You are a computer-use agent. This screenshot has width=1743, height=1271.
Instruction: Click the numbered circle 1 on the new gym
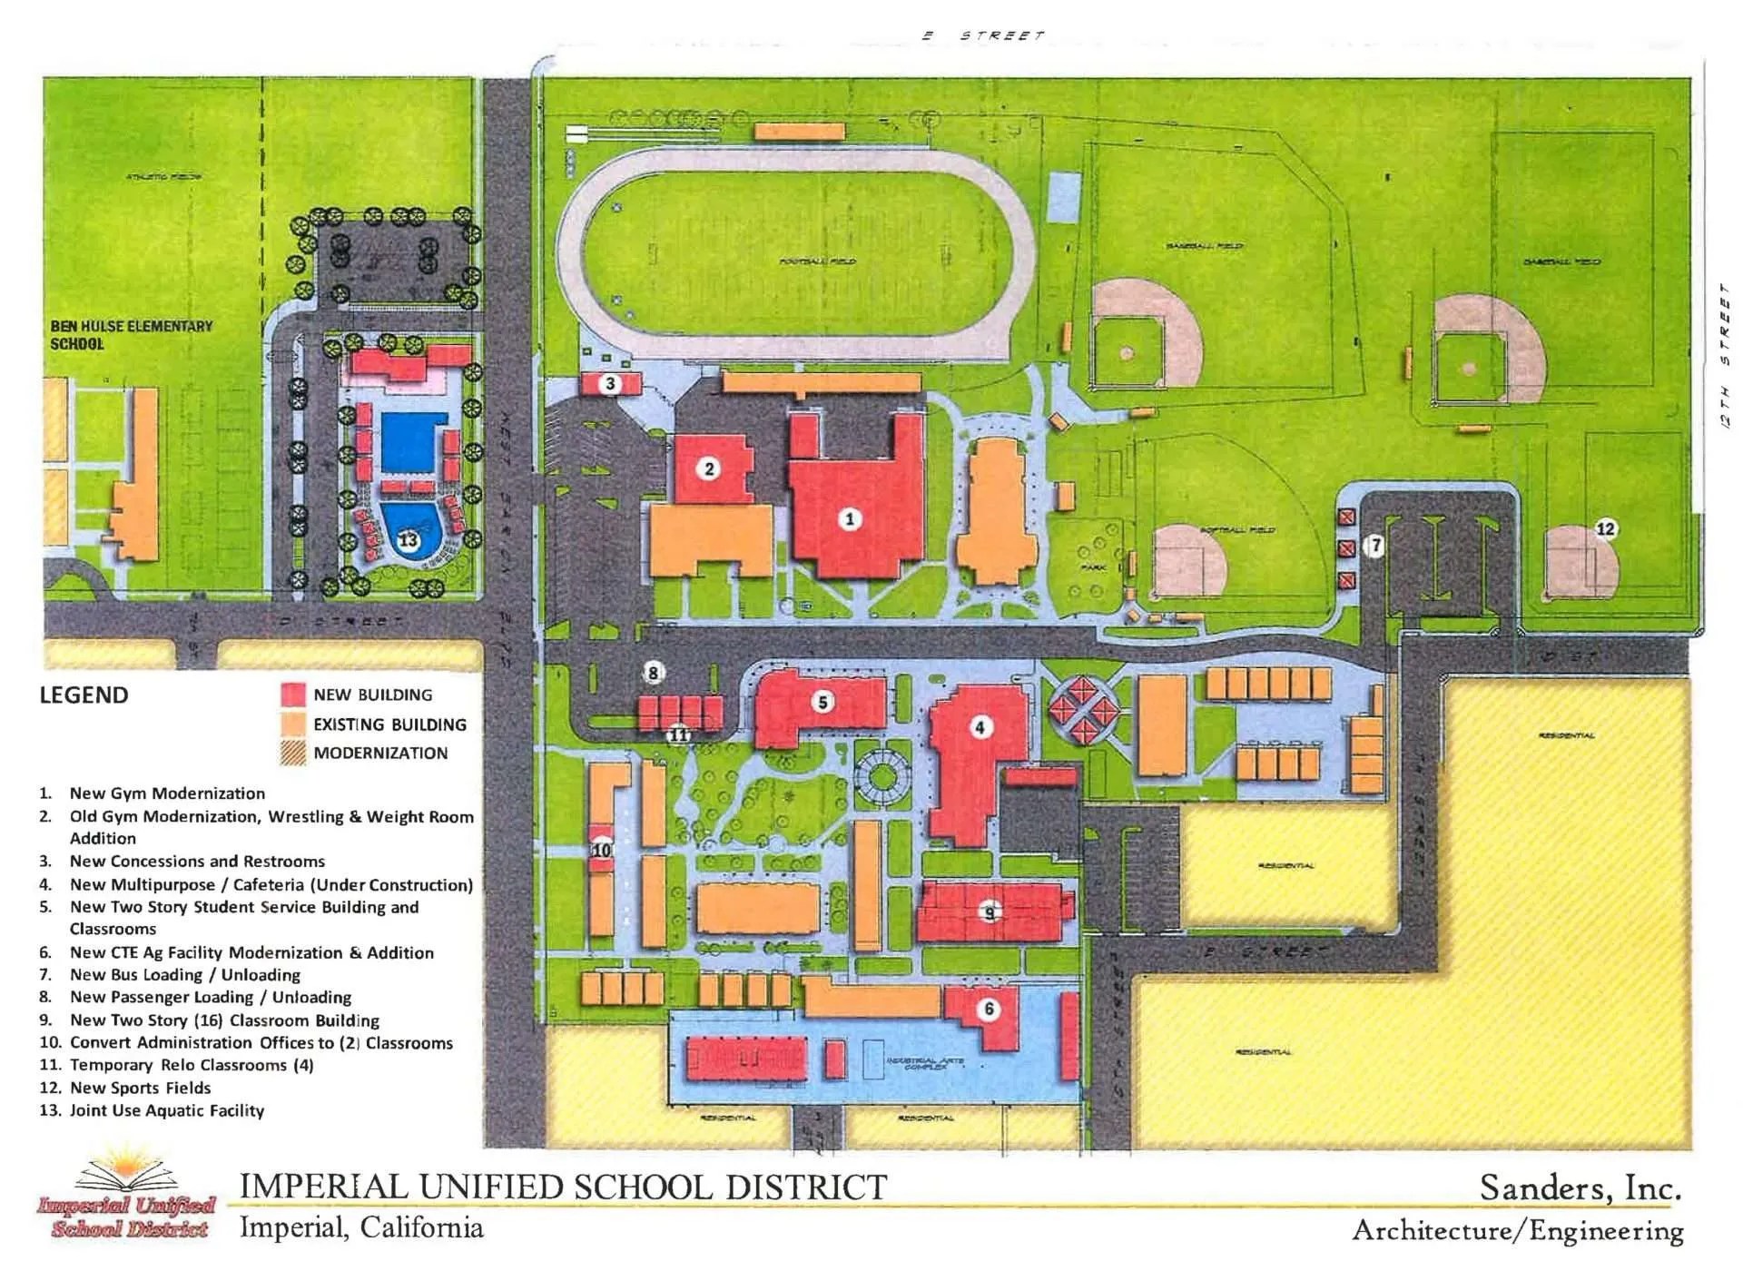850,519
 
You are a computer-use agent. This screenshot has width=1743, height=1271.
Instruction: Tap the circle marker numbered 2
709,468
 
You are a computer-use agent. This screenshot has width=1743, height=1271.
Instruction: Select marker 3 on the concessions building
610,383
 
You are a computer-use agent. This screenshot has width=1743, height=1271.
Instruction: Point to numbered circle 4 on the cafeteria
980,727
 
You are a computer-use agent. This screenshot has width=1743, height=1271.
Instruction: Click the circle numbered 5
823,702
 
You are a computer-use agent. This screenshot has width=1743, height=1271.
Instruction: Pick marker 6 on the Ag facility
989,1009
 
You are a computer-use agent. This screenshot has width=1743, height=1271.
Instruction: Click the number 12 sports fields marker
1605,528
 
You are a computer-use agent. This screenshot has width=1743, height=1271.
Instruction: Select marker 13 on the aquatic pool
409,540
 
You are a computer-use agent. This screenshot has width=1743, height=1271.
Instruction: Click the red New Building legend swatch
293,695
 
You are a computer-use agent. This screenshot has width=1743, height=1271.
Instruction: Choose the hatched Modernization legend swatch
293,754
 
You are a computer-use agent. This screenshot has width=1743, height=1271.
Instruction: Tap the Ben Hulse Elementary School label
131,335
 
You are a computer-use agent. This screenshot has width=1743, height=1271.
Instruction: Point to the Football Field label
817,261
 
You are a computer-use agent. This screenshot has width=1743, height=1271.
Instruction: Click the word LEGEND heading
84,695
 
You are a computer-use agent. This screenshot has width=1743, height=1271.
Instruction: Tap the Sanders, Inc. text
1580,1188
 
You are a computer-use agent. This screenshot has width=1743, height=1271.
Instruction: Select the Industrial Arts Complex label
925,1063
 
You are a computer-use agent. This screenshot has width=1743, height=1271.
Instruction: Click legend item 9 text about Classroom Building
224,1020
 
